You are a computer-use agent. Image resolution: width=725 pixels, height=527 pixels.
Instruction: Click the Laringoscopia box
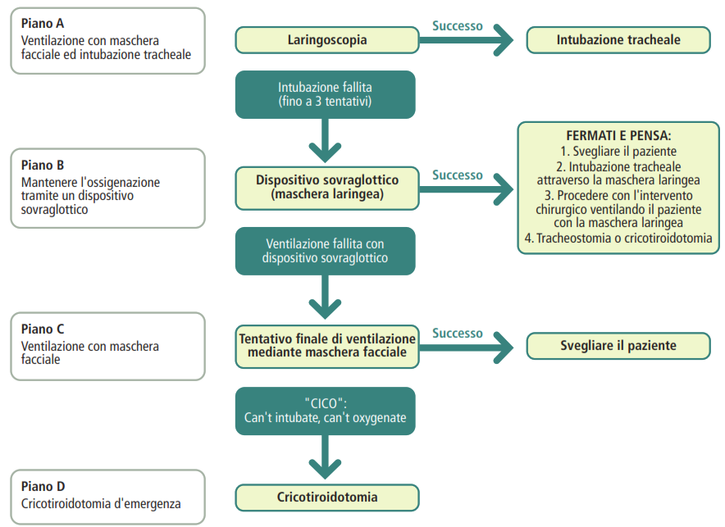tap(327, 40)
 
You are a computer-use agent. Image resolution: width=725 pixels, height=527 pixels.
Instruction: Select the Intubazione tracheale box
tap(618, 40)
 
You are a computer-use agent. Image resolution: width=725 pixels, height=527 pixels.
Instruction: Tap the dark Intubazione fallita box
tap(325, 95)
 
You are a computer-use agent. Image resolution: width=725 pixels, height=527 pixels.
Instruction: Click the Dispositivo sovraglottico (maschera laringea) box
tap(327, 188)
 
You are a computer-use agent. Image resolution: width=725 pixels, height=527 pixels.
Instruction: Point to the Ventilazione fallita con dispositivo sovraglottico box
tap(325, 251)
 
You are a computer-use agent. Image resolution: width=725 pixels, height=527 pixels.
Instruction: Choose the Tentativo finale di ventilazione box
tap(327, 347)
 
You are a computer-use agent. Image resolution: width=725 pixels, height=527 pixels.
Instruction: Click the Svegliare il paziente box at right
tap(618, 346)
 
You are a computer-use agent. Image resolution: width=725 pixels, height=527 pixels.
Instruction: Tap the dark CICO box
tap(325, 411)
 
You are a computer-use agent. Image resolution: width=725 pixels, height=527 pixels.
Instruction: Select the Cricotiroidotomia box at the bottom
tap(327, 497)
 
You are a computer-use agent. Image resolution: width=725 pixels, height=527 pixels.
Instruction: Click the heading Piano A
tap(43, 24)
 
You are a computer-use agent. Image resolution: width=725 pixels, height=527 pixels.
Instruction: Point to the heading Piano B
tap(43, 166)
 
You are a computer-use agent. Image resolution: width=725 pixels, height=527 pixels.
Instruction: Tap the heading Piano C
tap(43, 329)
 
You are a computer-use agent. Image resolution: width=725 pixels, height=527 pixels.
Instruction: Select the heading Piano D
tap(43, 487)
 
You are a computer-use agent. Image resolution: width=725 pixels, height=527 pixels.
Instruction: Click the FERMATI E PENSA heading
tap(618, 136)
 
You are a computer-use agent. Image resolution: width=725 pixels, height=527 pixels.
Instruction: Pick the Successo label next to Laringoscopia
tap(458, 26)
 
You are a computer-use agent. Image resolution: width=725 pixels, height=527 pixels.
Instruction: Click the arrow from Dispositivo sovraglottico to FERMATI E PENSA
tap(466, 189)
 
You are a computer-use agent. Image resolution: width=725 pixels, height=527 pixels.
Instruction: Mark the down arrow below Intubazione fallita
tap(325, 140)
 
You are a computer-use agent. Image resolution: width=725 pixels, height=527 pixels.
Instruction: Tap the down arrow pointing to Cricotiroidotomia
tap(325, 457)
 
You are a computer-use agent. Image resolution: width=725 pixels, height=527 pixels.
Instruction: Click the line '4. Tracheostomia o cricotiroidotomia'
tap(618, 239)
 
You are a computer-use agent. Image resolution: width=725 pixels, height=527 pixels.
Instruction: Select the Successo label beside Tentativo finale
tap(458, 334)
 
